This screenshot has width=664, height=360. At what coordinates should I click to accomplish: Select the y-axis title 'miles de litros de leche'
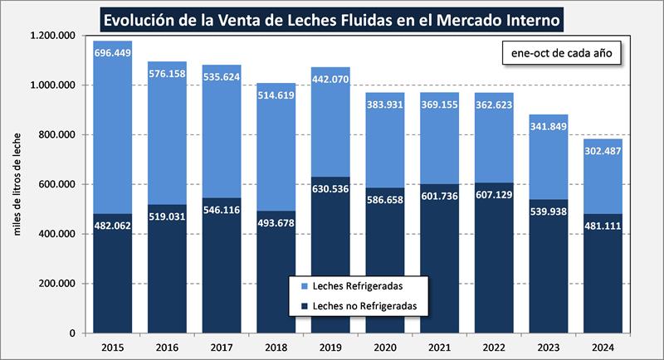[x=17, y=183]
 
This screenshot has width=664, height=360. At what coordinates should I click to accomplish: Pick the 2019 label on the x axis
[x=331, y=348]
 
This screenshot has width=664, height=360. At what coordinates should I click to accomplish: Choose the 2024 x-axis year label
[x=603, y=348]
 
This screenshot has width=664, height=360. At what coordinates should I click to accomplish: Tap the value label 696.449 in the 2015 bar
[x=112, y=52]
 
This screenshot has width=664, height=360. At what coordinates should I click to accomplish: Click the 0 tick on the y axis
[x=73, y=333]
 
